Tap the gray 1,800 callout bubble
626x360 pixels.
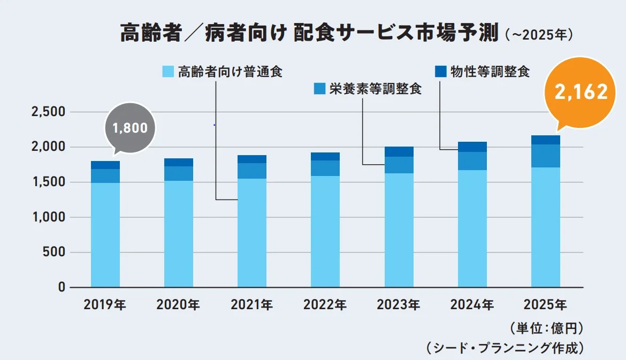(x=129, y=128)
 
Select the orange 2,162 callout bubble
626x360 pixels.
(x=581, y=92)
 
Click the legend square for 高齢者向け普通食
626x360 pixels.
(x=168, y=72)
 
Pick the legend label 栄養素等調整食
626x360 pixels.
(x=375, y=89)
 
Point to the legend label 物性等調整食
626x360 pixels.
(x=490, y=72)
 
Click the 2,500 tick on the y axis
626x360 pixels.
(x=48, y=112)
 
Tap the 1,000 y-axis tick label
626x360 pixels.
(x=48, y=217)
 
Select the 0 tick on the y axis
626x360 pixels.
(x=61, y=287)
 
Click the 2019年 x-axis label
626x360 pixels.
(x=105, y=305)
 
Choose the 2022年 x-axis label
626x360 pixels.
(x=325, y=305)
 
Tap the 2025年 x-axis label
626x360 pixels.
(x=545, y=305)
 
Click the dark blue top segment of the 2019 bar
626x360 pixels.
(x=105, y=165)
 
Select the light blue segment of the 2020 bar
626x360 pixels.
(x=179, y=234)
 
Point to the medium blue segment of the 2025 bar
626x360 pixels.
(x=546, y=156)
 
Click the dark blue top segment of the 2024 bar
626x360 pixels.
(x=472, y=147)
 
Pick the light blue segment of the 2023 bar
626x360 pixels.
(x=399, y=230)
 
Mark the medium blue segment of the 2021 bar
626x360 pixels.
(x=252, y=171)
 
